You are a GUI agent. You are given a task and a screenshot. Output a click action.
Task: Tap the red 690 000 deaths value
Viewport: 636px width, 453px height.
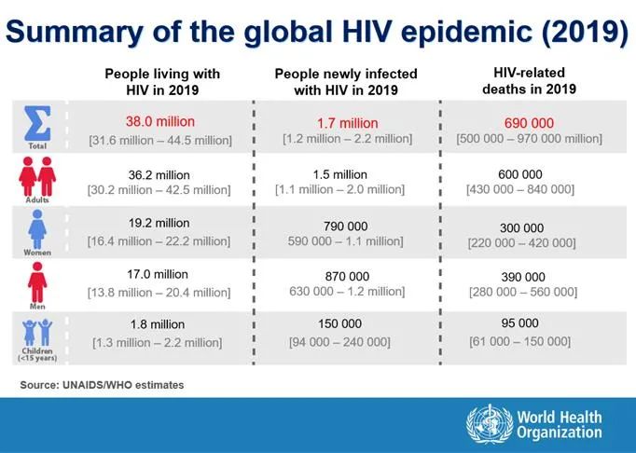(x=529, y=122)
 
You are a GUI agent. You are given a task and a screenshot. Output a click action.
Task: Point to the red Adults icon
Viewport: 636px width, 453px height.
(x=37, y=175)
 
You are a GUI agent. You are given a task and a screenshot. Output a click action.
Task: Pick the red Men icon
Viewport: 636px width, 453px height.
(x=37, y=280)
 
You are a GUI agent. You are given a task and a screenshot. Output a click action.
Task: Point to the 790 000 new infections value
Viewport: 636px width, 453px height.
(x=345, y=226)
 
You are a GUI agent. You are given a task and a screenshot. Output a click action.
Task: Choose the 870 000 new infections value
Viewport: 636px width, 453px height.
(x=345, y=276)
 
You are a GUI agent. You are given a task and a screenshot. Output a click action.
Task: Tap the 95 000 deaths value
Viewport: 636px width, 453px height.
(x=520, y=323)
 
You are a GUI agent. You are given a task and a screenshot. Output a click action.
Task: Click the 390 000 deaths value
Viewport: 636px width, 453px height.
(x=522, y=277)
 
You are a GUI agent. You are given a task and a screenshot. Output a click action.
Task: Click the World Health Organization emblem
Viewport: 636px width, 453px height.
(x=490, y=424)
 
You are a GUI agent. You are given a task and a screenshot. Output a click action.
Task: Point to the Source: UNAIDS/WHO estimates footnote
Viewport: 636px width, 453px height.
(x=102, y=384)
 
